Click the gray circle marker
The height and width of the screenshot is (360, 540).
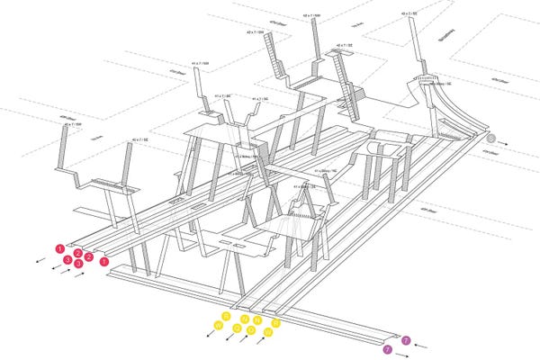(490, 139)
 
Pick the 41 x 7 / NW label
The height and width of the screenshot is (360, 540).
(200, 64)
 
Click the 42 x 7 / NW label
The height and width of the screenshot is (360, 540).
(312, 15)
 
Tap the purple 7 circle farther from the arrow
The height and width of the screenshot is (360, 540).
(388, 348)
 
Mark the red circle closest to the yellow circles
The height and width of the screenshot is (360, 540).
(104, 261)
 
